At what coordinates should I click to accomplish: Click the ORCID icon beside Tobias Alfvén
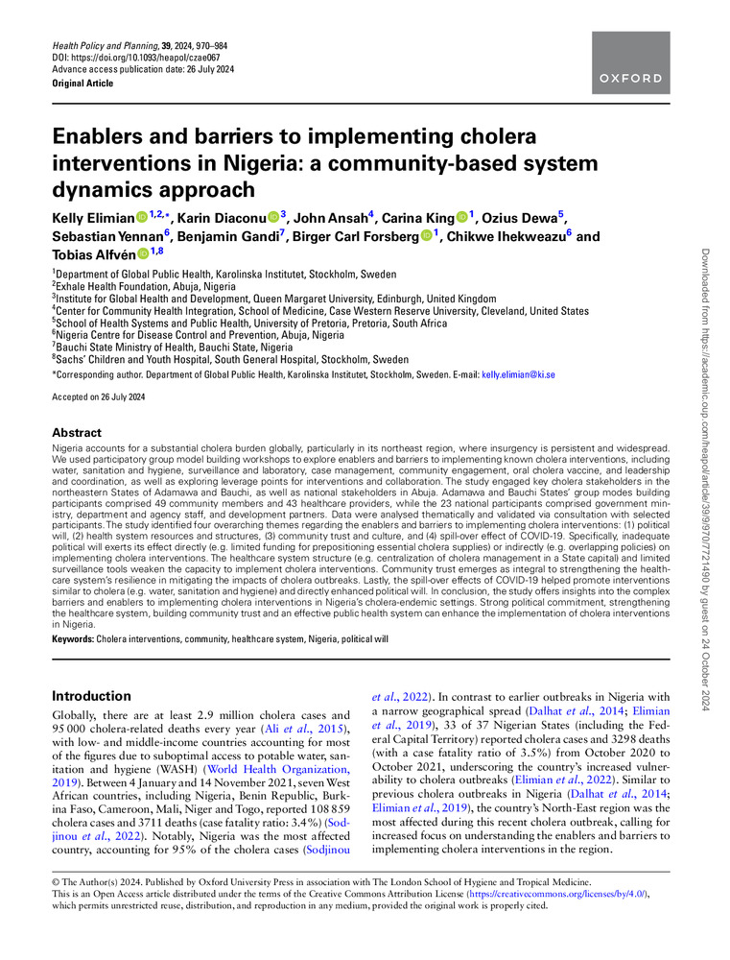(x=143, y=253)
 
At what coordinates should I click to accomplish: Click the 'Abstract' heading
(x=76, y=433)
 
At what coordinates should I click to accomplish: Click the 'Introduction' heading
(x=91, y=696)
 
